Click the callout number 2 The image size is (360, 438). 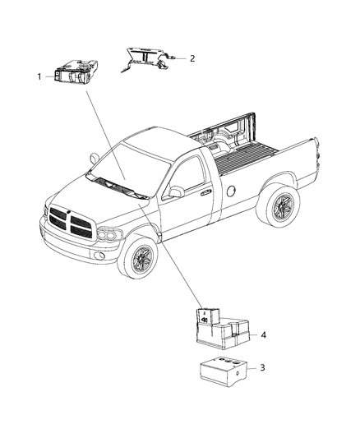coord(192,58)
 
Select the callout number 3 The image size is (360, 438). coord(262,367)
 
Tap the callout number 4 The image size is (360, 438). coord(263,334)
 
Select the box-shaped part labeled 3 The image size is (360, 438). coord(220,371)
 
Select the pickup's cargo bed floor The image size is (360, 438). coord(247,149)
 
